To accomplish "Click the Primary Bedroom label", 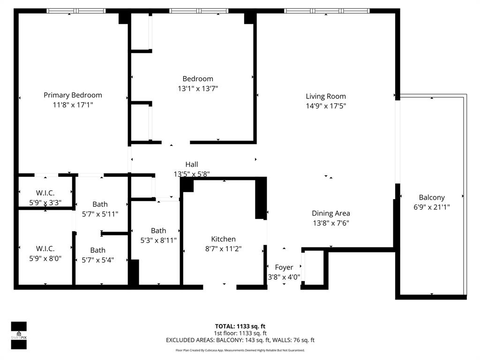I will pyautogui.click(x=73, y=95).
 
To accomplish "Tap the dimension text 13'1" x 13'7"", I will pyautogui.click(x=197, y=88).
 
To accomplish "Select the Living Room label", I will pyautogui.click(x=326, y=97).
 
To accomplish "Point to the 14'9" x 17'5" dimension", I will pyautogui.click(x=326, y=106).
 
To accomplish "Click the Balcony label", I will pyautogui.click(x=432, y=197).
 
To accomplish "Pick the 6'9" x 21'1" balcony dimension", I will pyautogui.click(x=432, y=207).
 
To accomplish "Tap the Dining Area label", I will pyautogui.click(x=331, y=213).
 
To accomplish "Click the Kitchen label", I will pyautogui.click(x=223, y=239).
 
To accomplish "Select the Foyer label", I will pyautogui.click(x=284, y=267).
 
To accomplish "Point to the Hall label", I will pyautogui.click(x=191, y=165).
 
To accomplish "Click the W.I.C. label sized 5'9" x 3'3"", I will pyautogui.click(x=45, y=193).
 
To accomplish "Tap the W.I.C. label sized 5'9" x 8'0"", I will pyautogui.click(x=45, y=248).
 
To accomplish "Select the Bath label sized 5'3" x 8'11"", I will pyautogui.click(x=158, y=231).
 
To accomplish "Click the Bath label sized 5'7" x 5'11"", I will pyautogui.click(x=100, y=204).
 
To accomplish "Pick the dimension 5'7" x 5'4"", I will pyautogui.click(x=98, y=260).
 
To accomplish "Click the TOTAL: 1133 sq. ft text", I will pyautogui.click(x=240, y=326).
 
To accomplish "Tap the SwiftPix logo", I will pyautogui.click(x=19, y=335).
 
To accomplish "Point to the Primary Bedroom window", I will pyautogui.click(x=76, y=11).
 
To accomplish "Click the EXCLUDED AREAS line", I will pyautogui.click(x=240, y=340).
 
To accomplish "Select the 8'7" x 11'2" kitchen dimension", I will pyautogui.click(x=223, y=249).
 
